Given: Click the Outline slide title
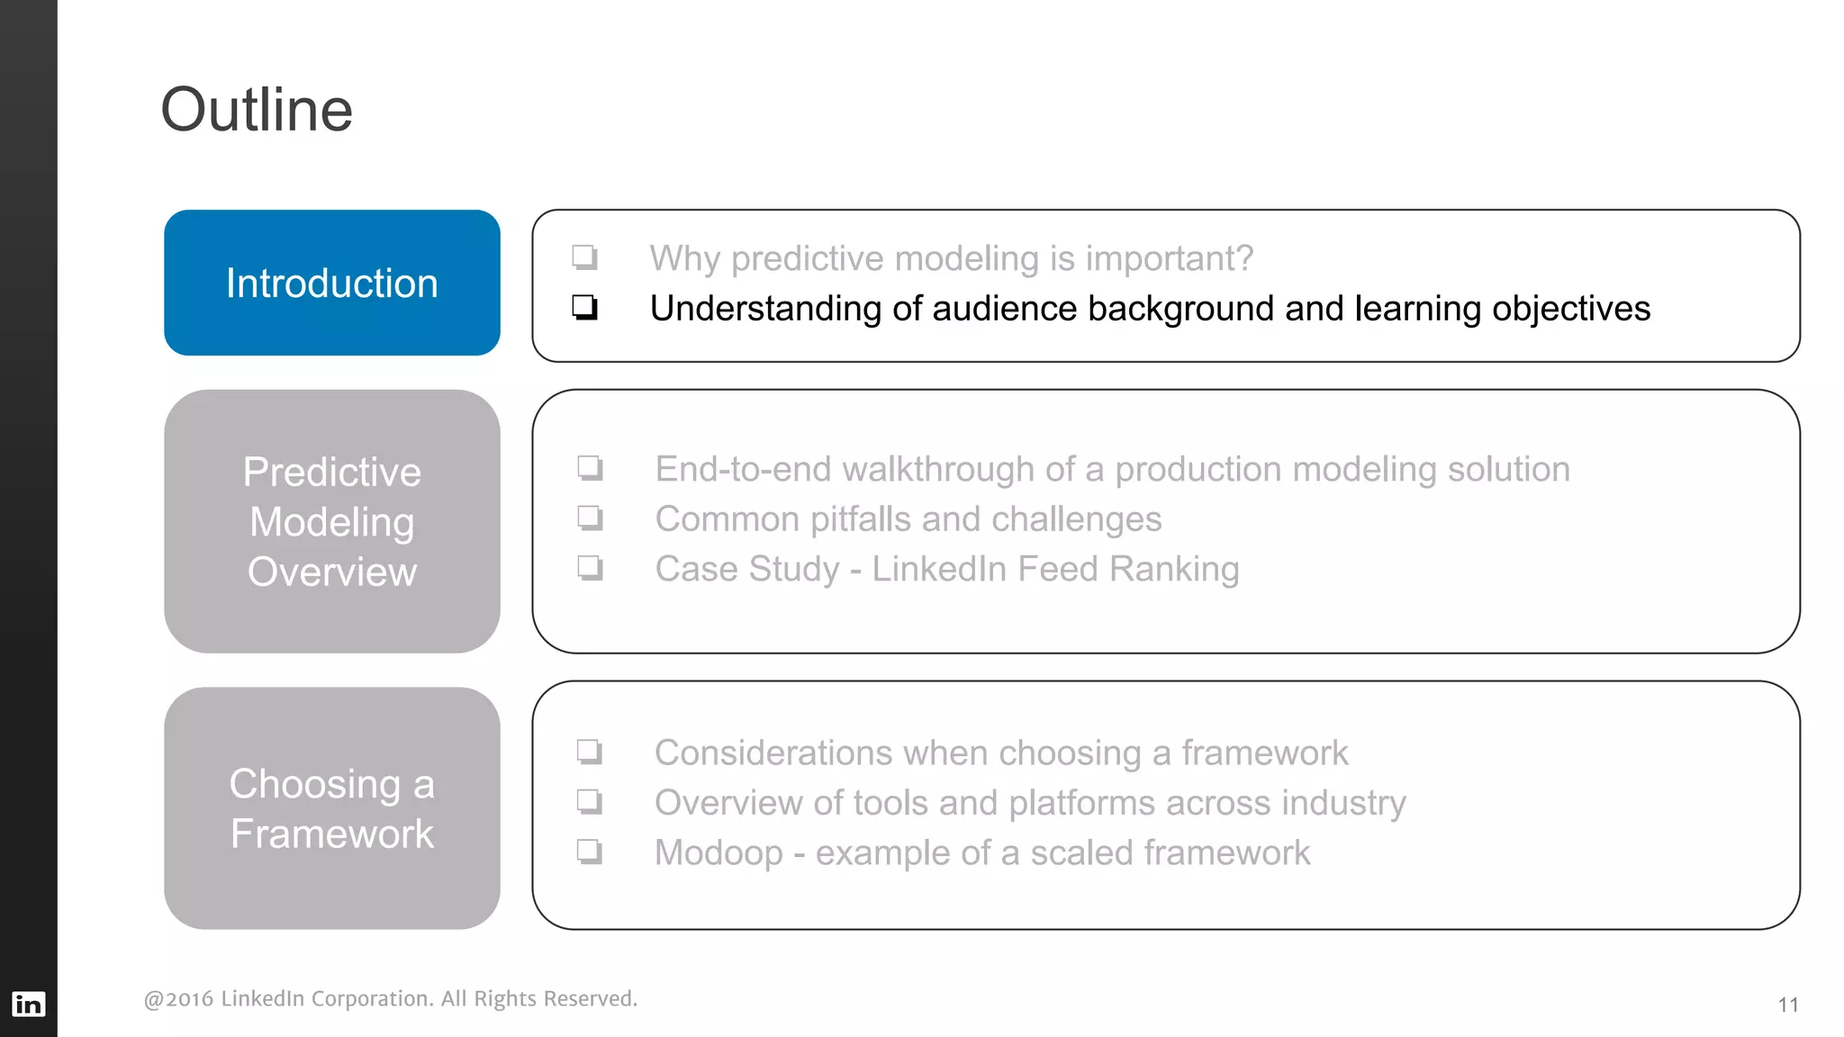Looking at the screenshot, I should click(257, 110).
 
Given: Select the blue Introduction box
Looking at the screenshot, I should click(331, 283).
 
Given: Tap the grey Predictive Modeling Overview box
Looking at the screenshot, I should click(331, 521).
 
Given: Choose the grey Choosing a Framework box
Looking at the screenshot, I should click(331, 808).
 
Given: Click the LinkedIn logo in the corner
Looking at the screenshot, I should click(28, 1004).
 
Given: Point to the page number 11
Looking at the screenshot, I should click(1787, 1005).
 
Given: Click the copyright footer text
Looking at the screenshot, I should click(390, 998).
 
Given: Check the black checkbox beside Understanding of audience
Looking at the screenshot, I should click(585, 308).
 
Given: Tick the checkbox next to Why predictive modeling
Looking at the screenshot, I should click(585, 258).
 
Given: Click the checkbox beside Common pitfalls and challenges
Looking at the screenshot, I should click(591, 518).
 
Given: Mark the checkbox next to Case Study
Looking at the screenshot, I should click(591, 568).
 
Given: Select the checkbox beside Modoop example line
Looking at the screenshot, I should click(590, 852).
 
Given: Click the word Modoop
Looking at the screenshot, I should click(719, 852).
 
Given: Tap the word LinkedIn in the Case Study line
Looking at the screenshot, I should click(938, 569).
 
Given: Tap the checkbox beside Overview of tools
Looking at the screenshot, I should click(590, 801).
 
